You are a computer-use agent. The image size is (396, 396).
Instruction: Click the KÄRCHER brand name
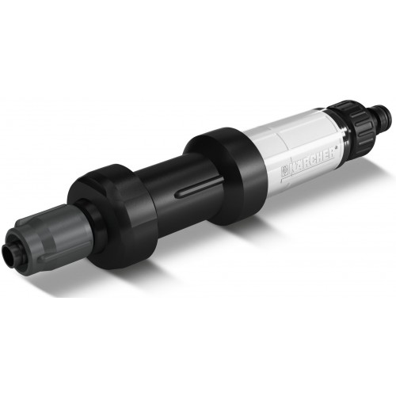point(312,162)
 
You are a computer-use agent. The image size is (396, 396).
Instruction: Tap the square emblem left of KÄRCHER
point(284,172)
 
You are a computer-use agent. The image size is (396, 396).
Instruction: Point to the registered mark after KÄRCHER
point(337,148)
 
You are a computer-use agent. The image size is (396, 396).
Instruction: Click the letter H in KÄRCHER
point(322,158)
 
